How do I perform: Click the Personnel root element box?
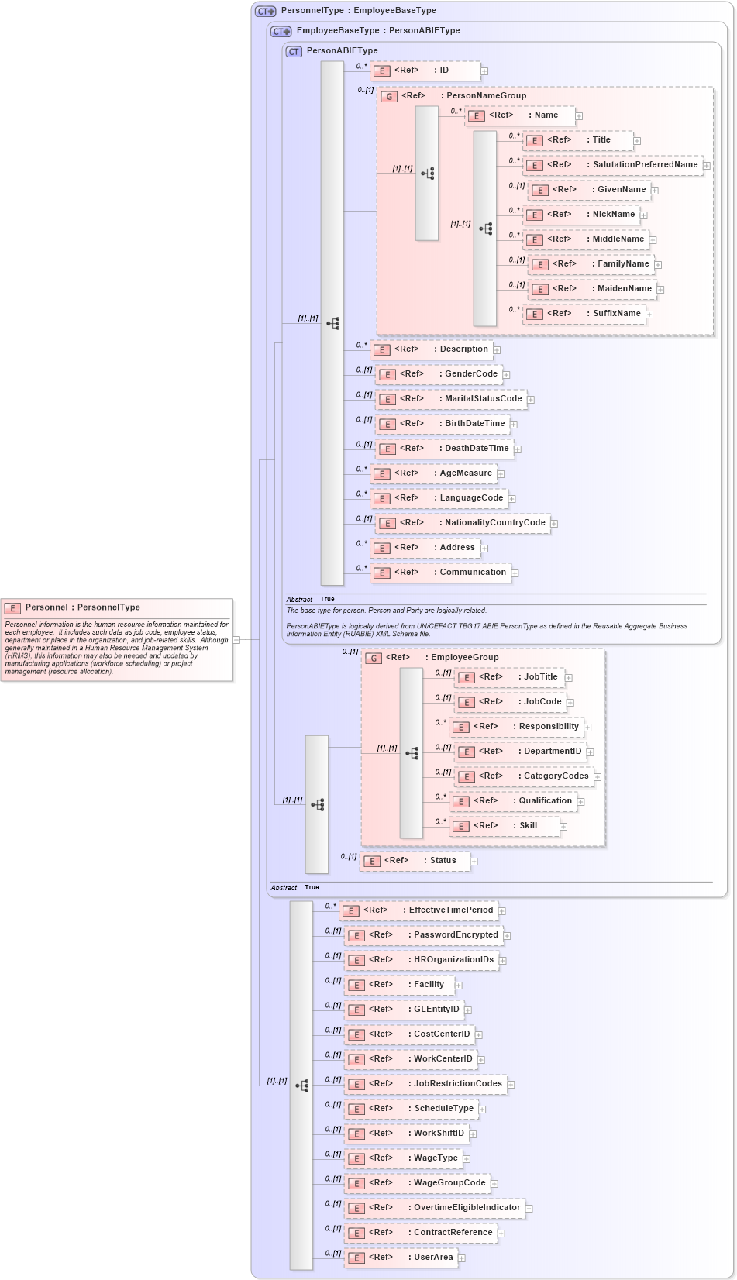click(117, 639)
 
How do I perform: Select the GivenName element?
click(590, 190)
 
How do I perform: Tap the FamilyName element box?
click(591, 264)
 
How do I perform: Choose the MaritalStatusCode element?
click(451, 399)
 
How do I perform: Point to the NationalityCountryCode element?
click(463, 523)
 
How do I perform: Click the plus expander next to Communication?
click(515, 573)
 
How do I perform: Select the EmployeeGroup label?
click(464, 658)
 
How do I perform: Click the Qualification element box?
click(513, 801)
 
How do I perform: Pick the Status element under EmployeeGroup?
click(415, 861)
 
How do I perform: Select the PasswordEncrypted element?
click(423, 935)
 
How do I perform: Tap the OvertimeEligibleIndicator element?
click(434, 1208)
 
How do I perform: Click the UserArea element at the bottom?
click(401, 1258)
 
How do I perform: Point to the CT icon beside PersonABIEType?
click(294, 52)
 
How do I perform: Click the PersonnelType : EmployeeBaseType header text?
click(358, 11)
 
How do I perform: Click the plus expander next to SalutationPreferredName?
click(707, 166)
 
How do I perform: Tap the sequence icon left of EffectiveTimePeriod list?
click(302, 1086)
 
